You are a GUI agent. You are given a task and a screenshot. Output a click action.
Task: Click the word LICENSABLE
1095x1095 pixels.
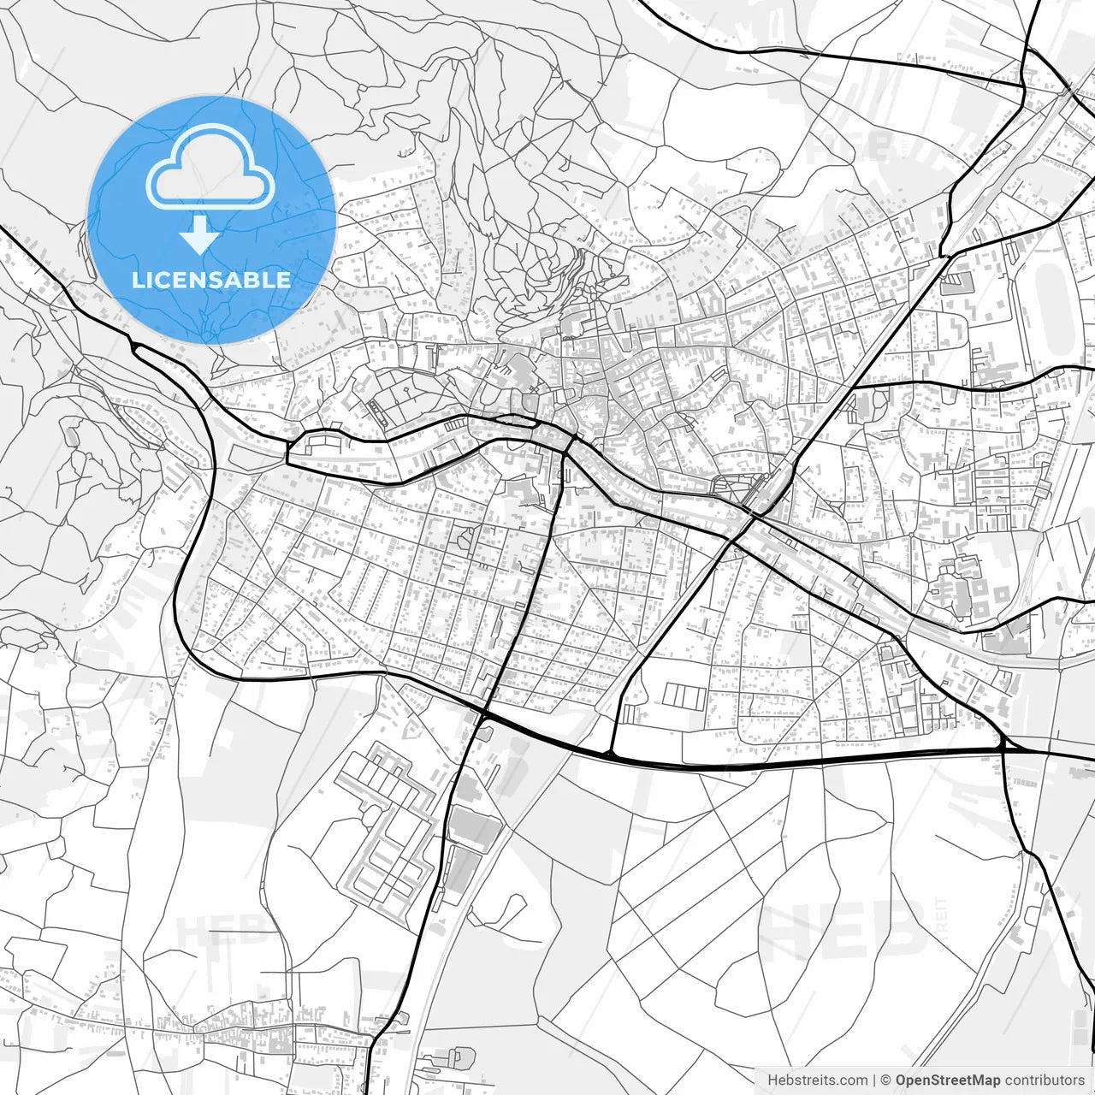click(x=210, y=280)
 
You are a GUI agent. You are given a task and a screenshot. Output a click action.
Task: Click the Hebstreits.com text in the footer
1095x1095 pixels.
click(x=817, y=1080)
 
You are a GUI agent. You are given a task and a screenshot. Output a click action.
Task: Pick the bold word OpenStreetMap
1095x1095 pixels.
click(x=948, y=1080)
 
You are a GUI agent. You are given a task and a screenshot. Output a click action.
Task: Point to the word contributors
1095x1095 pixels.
click(x=1044, y=1080)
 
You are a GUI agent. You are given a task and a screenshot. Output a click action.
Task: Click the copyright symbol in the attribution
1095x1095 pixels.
click(x=886, y=1080)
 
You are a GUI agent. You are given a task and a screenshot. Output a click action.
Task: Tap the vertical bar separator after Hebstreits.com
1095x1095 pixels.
click(x=873, y=1080)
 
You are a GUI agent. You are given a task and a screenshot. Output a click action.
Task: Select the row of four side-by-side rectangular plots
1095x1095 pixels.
click(x=685, y=695)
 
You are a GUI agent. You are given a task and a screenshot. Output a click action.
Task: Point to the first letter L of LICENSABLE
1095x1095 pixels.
click(x=137, y=280)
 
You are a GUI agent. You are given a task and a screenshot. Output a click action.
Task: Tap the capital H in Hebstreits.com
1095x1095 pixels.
click(x=772, y=1080)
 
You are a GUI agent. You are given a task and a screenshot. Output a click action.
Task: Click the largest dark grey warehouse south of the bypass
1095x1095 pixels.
click(x=474, y=828)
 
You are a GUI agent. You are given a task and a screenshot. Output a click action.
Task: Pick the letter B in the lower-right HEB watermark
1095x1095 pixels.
click(x=898, y=928)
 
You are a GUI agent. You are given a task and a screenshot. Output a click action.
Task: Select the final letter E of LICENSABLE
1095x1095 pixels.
click(x=284, y=280)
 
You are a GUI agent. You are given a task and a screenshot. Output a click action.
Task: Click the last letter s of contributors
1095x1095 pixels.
click(x=1080, y=1080)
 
